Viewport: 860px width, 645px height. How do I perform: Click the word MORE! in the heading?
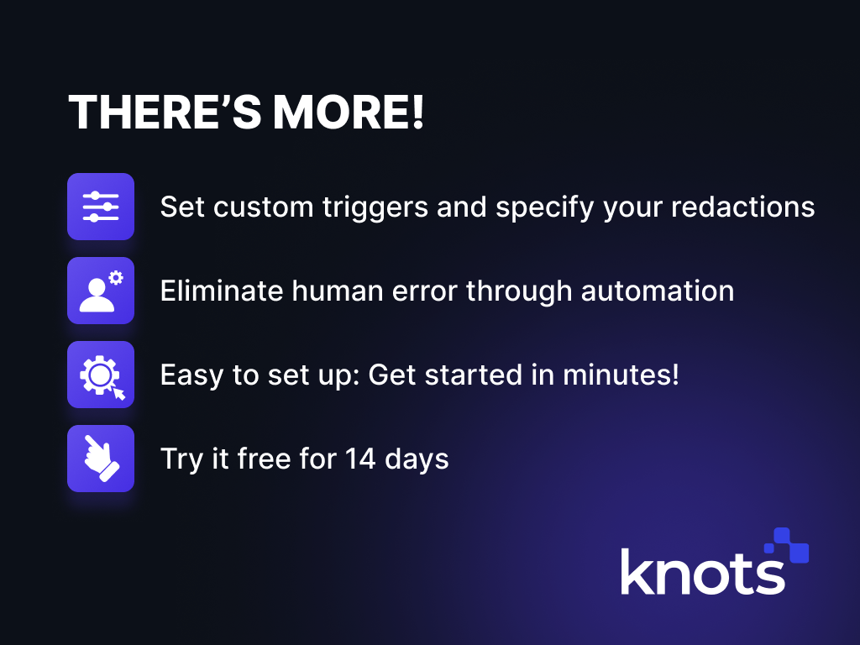coord(349,112)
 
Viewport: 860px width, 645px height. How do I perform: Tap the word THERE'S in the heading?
coord(165,112)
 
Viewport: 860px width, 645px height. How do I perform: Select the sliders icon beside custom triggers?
coord(101,207)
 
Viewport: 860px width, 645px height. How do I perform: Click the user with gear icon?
coord(101,291)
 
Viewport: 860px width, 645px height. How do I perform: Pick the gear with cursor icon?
coord(101,375)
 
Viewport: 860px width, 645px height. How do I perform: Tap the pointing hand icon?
coord(101,459)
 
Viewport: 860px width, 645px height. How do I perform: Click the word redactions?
coord(743,207)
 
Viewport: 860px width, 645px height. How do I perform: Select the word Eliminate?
coord(222,291)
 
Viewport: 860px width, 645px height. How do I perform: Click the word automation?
coord(658,291)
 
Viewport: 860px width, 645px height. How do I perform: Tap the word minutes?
coord(621,375)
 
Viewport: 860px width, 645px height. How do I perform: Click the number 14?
coord(360,459)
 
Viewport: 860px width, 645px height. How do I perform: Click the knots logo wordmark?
coord(703,571)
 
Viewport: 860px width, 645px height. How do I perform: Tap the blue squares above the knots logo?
coord(787,545)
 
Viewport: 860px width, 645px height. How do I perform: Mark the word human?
coord(338,291)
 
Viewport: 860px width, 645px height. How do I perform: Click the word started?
coord(474,375)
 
